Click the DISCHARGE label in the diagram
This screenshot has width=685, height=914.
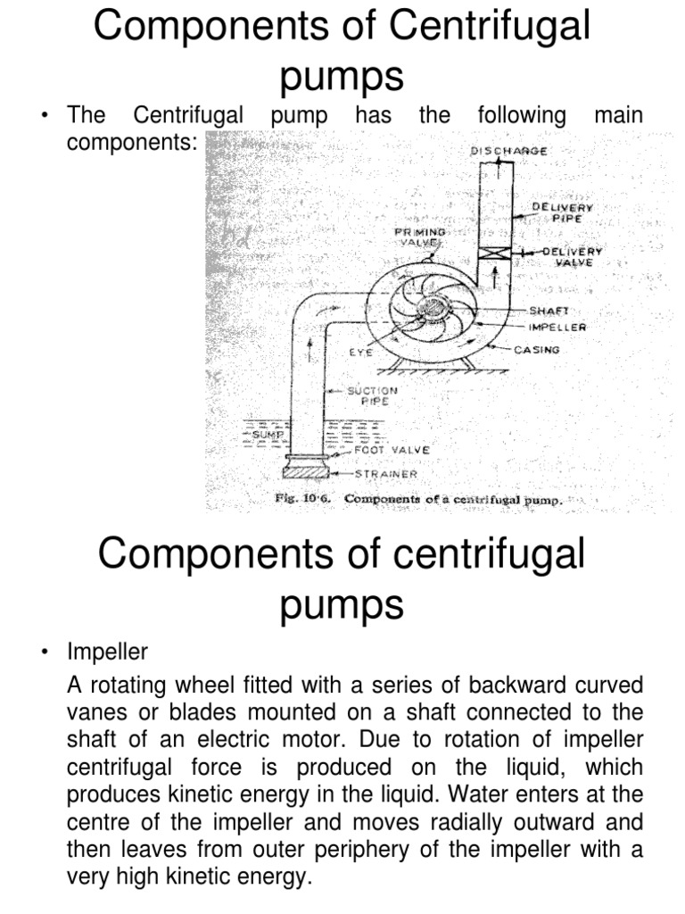pos(508,151)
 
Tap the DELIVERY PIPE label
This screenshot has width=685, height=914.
pos(562,212)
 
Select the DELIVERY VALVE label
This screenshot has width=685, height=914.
pos(571,257)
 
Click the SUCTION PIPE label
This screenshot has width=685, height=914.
pos(374,395)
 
